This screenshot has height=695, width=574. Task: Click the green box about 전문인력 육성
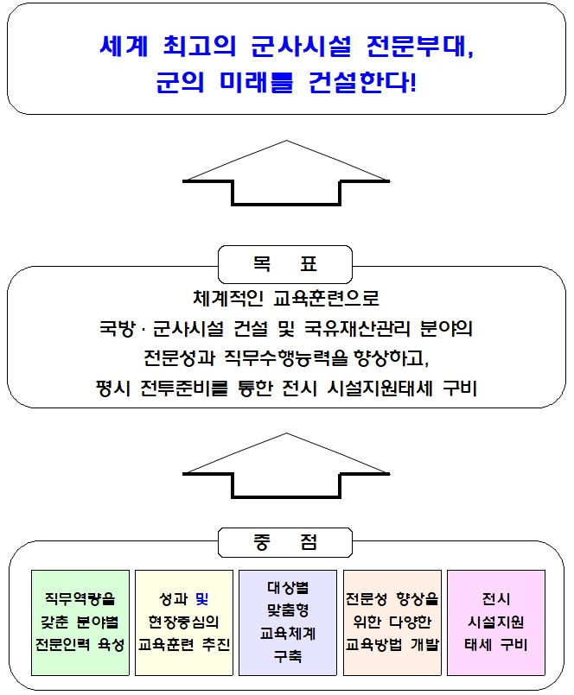click(80, 622)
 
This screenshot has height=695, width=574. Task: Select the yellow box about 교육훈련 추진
click(185, 622)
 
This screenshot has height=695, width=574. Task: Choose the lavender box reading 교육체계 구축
click(288, 622)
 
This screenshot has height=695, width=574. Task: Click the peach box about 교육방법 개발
click(392, 622)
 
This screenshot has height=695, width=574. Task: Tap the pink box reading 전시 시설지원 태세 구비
click(495, 622)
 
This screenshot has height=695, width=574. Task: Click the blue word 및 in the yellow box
click(202, 599)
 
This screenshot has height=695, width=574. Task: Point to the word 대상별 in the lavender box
click(288, 589)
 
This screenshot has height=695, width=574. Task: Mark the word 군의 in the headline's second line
click(180, 84)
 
